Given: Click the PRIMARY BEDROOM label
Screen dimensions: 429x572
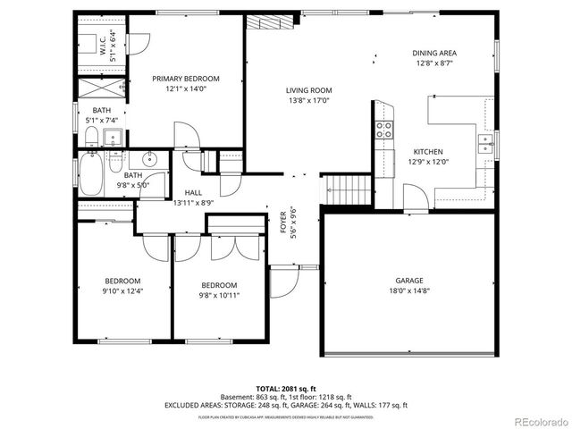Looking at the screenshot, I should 185,79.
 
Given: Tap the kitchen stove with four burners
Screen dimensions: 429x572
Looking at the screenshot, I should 385,130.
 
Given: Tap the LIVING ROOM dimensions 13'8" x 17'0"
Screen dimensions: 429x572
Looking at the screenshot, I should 309,101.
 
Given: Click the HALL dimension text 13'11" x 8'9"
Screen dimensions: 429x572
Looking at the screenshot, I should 192,203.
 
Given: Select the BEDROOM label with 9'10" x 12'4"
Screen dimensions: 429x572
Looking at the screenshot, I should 123,279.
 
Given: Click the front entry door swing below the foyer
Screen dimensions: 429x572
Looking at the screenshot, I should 284,282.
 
